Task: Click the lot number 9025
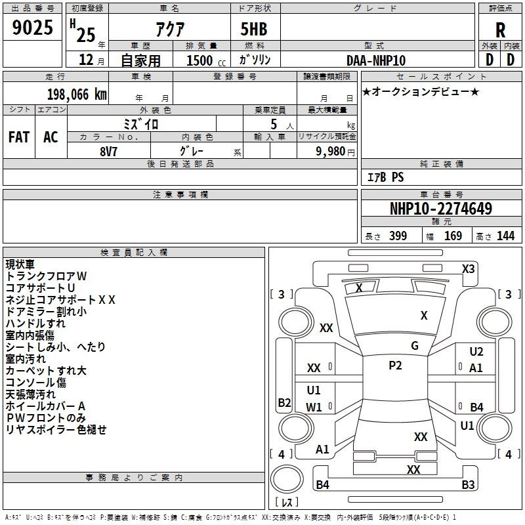[32, 29]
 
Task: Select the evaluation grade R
[500, 30]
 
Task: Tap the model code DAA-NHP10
[375, 60]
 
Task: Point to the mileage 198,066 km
[77, 94]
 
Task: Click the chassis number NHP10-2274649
[440, 209]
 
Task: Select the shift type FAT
[18, 137]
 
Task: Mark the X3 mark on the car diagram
[468, 268]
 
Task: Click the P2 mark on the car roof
[395, 366]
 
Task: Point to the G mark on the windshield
[415, 346]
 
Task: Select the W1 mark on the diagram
[314, 407]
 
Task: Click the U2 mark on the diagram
[476, 352]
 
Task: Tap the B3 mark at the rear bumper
[468, 485]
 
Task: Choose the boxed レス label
[287, 503]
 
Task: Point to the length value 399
[398, 236]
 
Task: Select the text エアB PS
[385, 177]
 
